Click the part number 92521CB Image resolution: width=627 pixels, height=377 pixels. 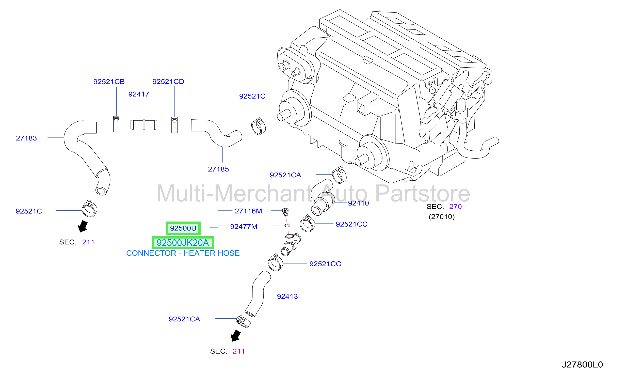coord(109,82)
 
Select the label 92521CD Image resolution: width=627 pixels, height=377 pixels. coord(168,82)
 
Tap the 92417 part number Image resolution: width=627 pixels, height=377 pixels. coord(139,94)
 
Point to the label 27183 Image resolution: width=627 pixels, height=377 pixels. coord(26,138)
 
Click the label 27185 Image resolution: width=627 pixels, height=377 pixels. coord(218,169)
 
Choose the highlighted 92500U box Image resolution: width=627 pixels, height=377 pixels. coord(183,228)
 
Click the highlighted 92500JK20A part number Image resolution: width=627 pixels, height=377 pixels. coord(183,243)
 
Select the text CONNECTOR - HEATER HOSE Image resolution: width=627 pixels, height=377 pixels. coord(183,253)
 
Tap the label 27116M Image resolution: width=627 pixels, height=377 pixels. coord(248,211)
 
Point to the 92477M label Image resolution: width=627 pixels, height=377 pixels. coord(244,227)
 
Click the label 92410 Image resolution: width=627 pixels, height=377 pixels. coord(359,203)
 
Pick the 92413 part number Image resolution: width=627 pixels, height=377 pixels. coord(287,296)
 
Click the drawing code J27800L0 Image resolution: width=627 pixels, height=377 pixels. coord(582,365)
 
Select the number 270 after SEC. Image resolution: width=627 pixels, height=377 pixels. coord(456,207)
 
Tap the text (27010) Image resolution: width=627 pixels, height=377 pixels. coord(442,217)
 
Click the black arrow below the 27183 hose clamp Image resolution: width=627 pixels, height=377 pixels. coord(83,226)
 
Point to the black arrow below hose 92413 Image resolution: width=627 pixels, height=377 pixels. coord(236,336)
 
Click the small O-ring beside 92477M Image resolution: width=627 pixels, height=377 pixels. coord(287,225)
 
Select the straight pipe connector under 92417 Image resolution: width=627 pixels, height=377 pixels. coord(144,124)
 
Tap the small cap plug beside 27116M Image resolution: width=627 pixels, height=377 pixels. coord(285,212)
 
